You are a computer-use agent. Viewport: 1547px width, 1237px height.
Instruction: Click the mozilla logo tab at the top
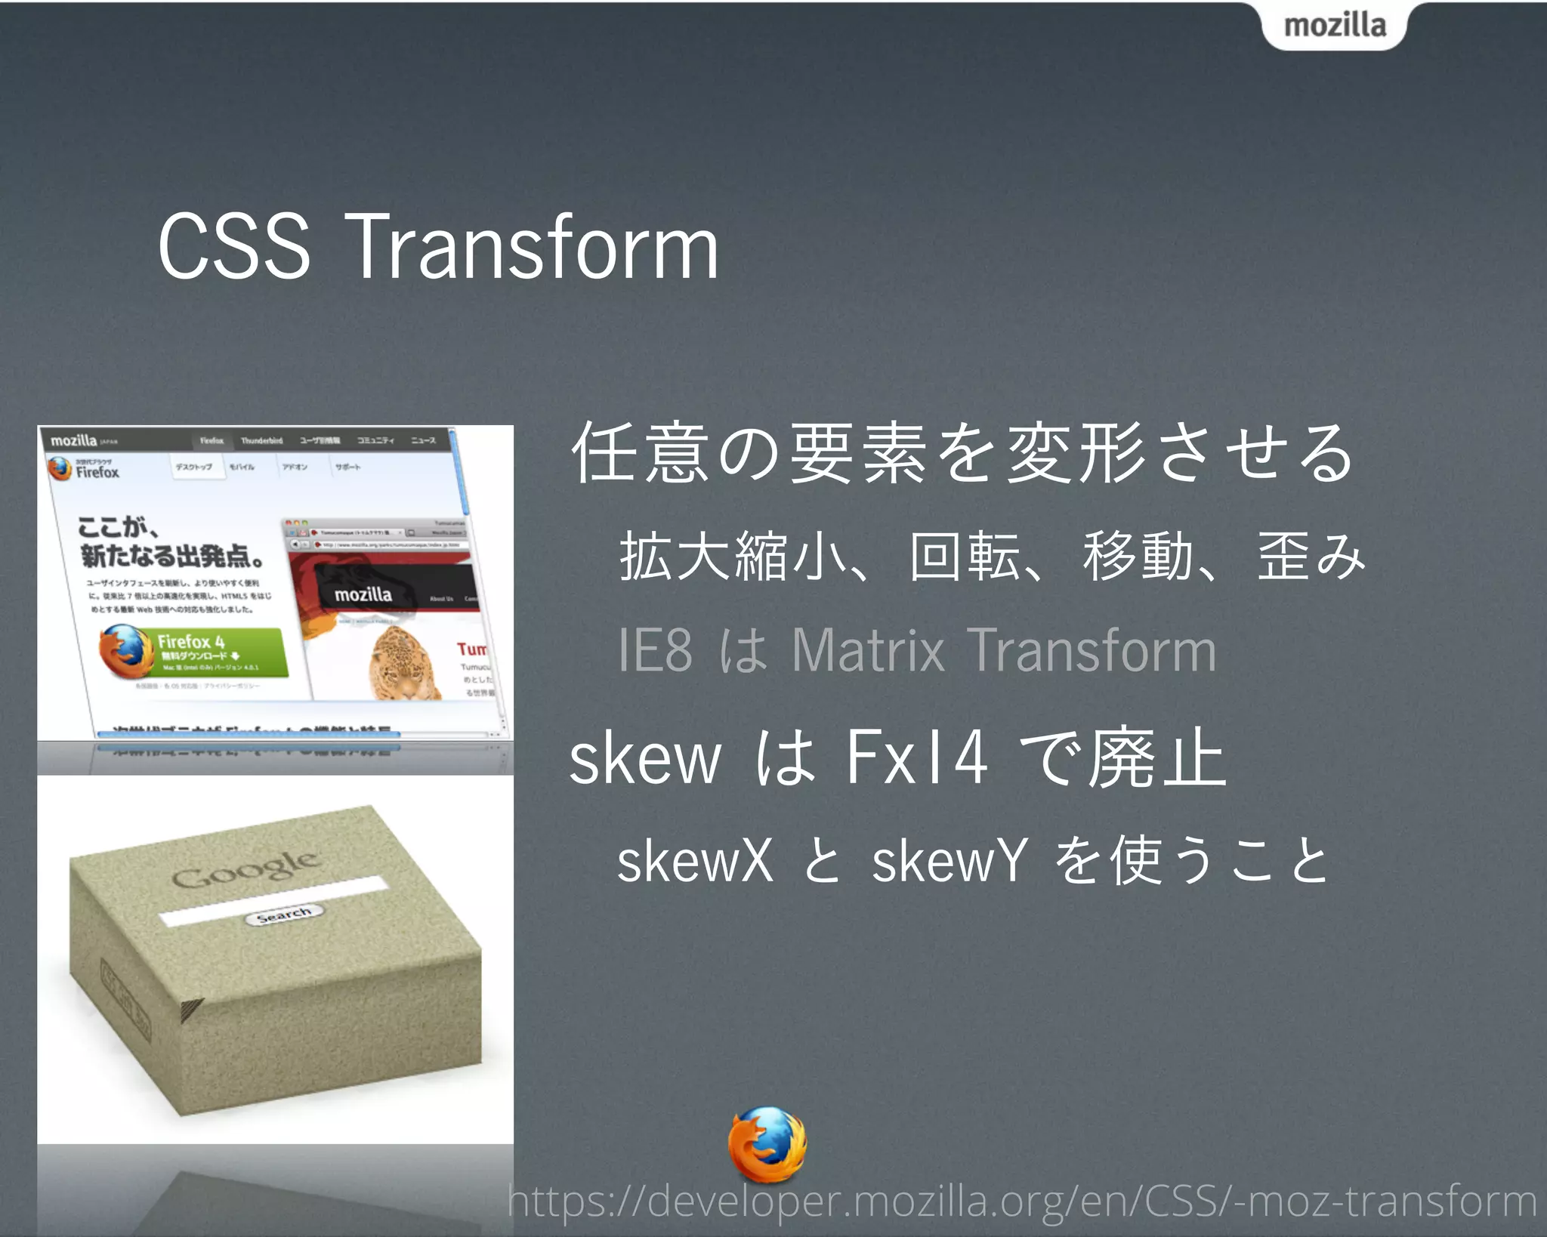click(1334, 26)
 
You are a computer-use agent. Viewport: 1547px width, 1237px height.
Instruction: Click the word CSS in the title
click(234, 246)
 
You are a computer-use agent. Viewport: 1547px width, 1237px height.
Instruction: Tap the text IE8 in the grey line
click(654, 650)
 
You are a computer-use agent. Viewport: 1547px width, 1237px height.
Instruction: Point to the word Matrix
click(868, 650)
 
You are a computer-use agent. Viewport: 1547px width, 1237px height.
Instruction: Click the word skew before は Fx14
click(645, 759)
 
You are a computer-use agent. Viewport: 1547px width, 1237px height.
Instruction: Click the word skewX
click(695, 861)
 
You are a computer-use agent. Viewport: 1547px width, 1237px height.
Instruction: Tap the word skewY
click(950, 861)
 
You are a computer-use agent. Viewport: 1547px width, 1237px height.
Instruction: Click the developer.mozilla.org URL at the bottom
click(1021, 1201)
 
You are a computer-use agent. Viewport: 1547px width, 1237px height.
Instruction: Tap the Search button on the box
click(284, 915)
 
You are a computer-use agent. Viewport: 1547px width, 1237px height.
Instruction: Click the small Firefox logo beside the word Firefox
click(60, 469)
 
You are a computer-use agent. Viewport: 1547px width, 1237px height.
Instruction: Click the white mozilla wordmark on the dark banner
click(363, 595)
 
